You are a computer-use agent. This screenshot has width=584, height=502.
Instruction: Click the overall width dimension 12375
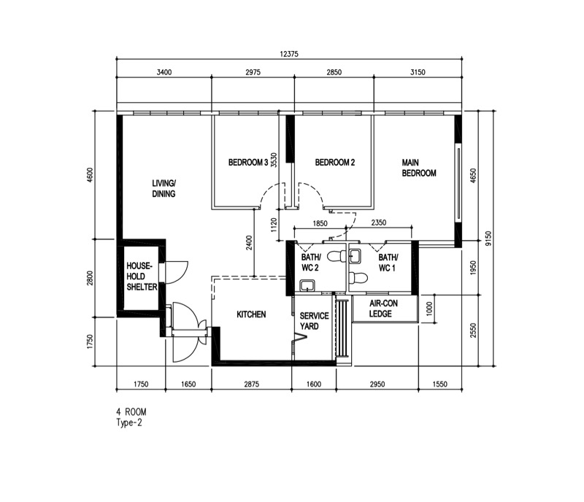coord(289,54)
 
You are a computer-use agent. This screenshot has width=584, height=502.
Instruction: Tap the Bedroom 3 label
coord(248,163)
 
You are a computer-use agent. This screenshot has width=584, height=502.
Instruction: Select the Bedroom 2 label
coord(335,163)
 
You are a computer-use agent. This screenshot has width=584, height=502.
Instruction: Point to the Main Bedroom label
coord(419,168)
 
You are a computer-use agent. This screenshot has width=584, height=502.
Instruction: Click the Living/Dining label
coord(164,188)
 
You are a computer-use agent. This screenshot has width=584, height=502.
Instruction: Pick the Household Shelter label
coord(142,277)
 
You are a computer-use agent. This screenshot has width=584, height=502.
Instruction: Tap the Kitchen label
coord(251,314)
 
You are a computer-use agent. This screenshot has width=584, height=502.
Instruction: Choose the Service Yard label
coord(315,321)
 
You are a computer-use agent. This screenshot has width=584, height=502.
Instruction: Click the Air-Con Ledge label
coord(384,309)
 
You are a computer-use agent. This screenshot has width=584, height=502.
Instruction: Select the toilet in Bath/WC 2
coord(337,256)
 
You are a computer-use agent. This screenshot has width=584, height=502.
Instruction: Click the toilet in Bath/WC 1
coord(358,278)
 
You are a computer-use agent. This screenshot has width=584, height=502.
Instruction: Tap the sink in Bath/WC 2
coord(307,285)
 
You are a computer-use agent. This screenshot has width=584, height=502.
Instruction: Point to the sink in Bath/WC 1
coord(355,256)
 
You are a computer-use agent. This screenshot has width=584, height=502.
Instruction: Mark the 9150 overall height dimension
coord(488,239)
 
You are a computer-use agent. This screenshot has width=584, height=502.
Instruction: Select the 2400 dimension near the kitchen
coord(249,242)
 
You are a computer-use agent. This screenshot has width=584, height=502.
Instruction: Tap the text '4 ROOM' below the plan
coord(131,412)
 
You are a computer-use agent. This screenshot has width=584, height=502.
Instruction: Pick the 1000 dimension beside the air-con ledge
coord(429,309)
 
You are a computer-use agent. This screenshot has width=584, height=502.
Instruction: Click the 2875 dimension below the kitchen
coord(252,384)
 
